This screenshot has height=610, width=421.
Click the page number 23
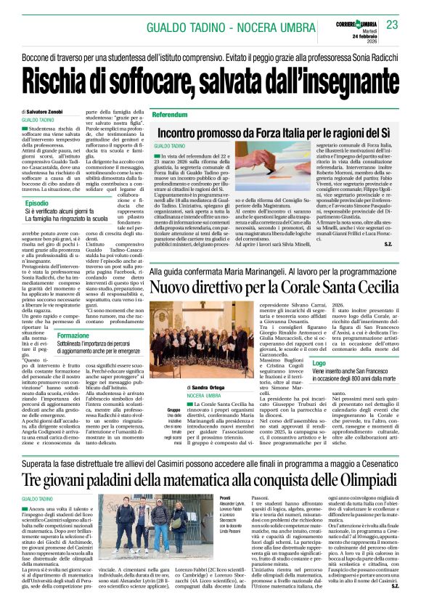coord(392,25)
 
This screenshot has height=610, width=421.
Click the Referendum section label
coord(170,115)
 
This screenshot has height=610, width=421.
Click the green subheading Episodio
coord(37,203)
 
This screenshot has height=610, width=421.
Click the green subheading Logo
coord(319,361)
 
